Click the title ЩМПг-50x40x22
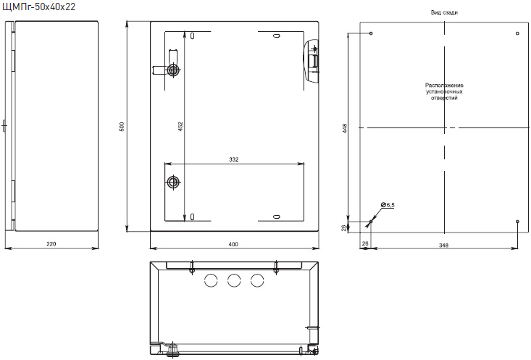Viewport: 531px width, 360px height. [x=39, y=7]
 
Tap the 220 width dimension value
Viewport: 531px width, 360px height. [x=51, y=244]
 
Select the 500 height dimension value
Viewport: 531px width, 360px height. [x=122, y=127]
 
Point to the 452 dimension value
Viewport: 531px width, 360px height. [x=180, y=127]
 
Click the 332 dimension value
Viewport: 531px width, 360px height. [x=234, y=159]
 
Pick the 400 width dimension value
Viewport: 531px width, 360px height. [x=233, y=244]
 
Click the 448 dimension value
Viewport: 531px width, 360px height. [x=345, y=128]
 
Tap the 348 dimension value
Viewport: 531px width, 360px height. [x=443, y=246]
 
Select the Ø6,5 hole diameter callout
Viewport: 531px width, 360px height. [x=388, y=205]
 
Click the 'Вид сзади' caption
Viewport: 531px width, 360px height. [x=444, y=12]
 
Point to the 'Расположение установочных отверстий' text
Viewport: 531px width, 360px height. [x=444, y=91]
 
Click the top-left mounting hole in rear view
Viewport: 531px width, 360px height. [x=371, y=33]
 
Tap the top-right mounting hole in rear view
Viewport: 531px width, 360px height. [x=517, y=33]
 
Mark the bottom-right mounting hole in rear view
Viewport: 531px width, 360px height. [x=517, y=222]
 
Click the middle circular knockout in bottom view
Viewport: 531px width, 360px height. [x=234, y=280]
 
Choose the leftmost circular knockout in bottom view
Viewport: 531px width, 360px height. [x=211, y=280]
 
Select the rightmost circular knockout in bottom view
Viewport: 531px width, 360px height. [x=257, y=280]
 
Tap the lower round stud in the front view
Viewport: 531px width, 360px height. [x=174, y=183]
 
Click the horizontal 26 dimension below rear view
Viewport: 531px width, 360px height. [x=365, y=243]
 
